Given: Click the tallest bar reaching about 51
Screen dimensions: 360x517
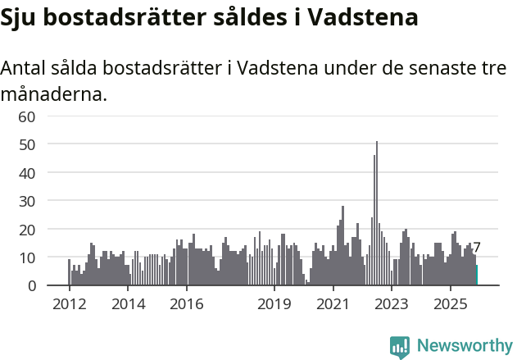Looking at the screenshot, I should (377, 213).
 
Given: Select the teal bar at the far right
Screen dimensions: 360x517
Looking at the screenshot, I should (476, 276).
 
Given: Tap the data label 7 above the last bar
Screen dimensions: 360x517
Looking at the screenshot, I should (477, 248).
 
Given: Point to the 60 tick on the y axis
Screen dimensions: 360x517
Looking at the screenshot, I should (27, 116).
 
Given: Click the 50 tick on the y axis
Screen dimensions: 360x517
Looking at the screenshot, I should (27, 144).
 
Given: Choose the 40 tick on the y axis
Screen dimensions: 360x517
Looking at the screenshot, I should (27, 173).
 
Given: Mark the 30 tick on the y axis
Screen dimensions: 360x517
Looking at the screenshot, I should (27, 201).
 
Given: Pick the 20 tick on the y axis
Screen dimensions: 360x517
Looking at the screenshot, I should (27, 230).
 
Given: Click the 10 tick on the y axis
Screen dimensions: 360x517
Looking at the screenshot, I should (27, 257).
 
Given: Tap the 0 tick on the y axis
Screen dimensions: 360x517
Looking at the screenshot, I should (31, 286).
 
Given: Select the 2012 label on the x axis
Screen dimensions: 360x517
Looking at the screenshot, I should (69, 305).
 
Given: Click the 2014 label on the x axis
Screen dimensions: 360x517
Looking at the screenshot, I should (128, 305).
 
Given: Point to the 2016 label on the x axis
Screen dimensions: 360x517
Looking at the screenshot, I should (187, 305).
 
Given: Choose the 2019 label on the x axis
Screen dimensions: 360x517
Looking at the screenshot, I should (274, 305).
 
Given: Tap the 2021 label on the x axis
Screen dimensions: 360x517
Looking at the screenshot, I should (333, 305).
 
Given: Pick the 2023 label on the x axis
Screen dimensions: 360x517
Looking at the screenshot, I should (392, 305).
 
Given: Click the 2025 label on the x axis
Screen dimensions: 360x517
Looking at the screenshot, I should (451, 305).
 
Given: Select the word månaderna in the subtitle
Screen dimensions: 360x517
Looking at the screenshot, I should (53, 94).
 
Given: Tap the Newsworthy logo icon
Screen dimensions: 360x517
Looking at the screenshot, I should (400, 347).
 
